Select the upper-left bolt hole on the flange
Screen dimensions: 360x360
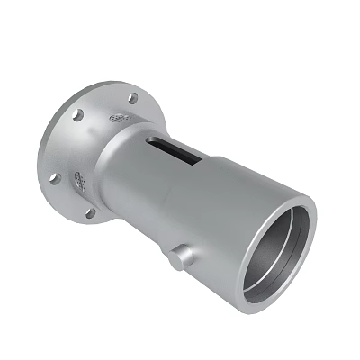point(78,115)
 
